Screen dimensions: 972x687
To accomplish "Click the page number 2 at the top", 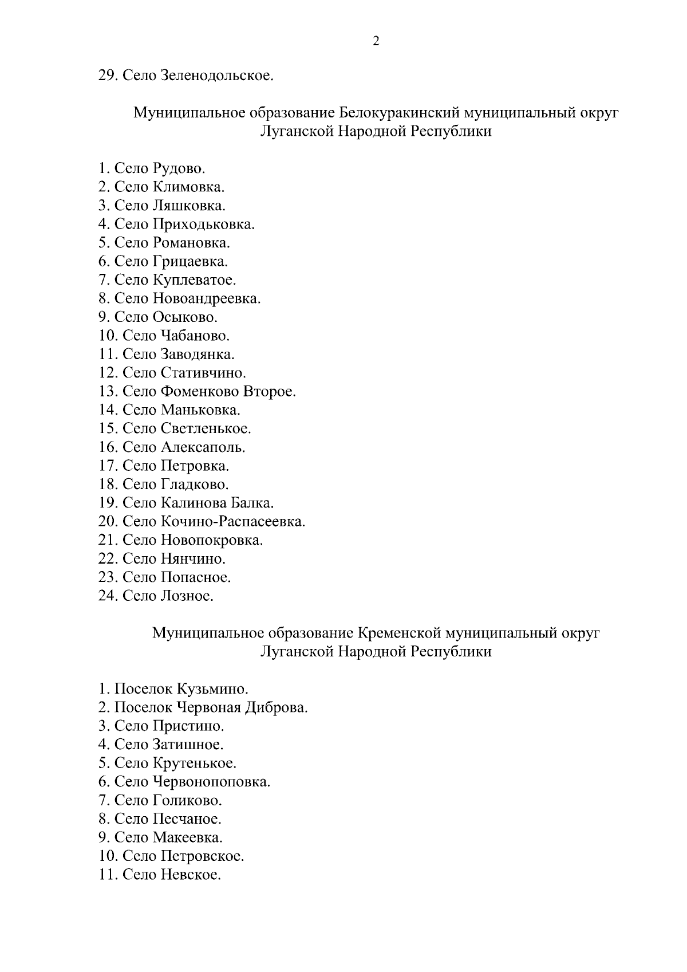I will click(x=376, y=41).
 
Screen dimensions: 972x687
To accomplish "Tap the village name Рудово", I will click(x=179, y=168).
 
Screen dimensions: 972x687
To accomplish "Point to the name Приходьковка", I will click(x=203, y=224).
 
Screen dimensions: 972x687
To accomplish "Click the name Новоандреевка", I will click(x=206, y=298).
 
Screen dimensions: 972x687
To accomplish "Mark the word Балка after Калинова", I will click(x=252, y=503).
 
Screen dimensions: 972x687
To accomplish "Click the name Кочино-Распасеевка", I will click(x=233, y=522).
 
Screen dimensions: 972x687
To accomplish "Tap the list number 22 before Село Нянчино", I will click(x=108, y=558).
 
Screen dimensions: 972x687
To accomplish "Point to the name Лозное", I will click(x=187, y=596).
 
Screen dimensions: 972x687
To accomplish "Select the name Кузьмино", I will click(x=212, y=689).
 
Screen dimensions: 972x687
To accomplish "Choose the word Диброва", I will click(x=276, y=708).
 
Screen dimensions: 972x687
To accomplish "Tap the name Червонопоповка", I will click(x=211, y=782).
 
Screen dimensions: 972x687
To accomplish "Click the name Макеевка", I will click(x=187, y=837).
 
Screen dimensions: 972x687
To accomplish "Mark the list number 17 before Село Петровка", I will click(x=108, y=466).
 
